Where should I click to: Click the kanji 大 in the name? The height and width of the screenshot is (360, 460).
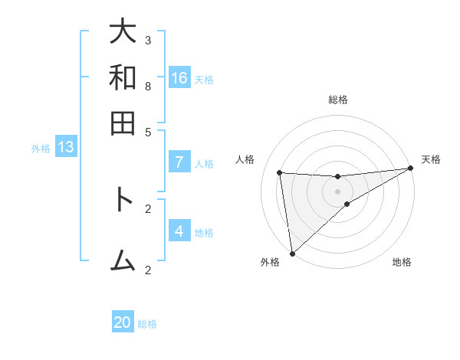[123, 32]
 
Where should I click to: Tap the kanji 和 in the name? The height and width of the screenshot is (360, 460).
[123, 77]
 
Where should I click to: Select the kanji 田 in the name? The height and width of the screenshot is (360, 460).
[123, 123]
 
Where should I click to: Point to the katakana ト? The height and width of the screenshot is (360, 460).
[123, 200]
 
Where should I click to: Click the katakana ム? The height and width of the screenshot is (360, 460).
[123, 261]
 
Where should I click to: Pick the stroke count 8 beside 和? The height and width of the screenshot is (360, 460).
[148, 86]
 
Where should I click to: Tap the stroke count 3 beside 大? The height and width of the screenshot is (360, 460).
[148, 40]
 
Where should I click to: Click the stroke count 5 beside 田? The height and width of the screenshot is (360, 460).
[148, 131]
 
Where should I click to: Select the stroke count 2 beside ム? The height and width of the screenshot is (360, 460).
[148, 270]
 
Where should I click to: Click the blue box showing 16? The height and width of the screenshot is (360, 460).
[179, 78]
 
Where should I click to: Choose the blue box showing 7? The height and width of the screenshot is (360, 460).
[179, 162]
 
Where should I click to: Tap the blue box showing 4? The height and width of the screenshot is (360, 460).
[179, 231]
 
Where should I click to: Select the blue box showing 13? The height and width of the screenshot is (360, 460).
[66, 147]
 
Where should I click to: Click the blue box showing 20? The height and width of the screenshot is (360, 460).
[123, 322]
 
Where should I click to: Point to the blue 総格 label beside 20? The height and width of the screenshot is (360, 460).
[147, 324]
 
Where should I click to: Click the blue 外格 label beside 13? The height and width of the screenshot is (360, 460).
[40, 149]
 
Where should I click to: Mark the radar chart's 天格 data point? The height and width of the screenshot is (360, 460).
[409, 169]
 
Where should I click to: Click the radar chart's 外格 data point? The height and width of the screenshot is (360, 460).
[292, 253]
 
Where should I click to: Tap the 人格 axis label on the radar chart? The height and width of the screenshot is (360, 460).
[245, 159]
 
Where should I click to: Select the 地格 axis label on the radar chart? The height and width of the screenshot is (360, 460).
[402, 263]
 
